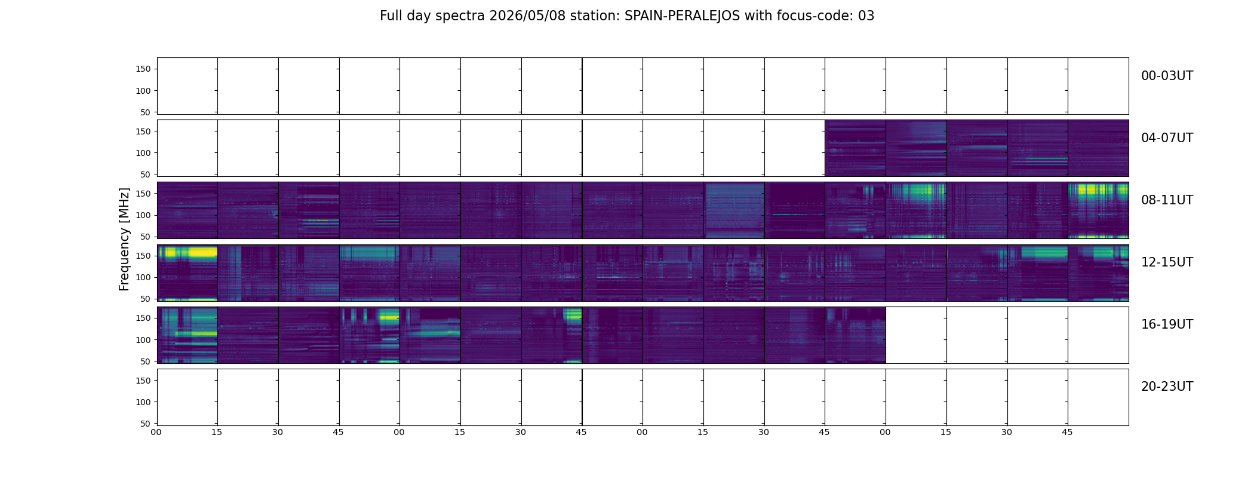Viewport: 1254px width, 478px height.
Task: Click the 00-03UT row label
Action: coord(1167,76)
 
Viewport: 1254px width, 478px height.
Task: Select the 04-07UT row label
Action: coord(1167,138)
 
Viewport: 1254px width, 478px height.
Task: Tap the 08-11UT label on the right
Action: coord(1167,200)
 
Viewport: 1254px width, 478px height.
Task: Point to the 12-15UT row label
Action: coord(1167,262)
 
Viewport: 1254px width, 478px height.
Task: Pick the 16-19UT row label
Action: coord(1167,324)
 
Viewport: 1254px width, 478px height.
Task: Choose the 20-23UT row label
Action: coord(1167,387)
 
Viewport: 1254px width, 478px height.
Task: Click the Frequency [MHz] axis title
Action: coord(124,240)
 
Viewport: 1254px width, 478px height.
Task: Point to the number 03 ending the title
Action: coord(866,16)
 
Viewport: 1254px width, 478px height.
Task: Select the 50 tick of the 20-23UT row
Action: coord(146,424)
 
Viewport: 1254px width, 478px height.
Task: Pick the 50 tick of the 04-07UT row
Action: coord(146,174)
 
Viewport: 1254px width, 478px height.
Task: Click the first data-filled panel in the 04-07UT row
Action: coord(855,148)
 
